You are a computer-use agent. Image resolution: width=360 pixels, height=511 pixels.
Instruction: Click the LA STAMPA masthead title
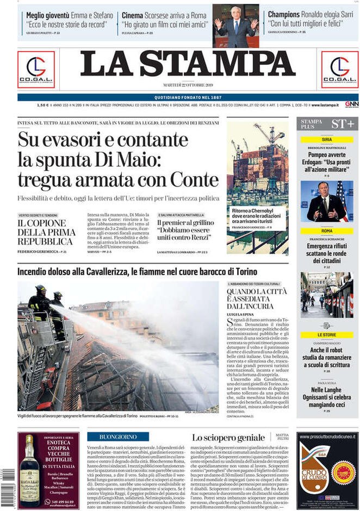click(x=188, y=65)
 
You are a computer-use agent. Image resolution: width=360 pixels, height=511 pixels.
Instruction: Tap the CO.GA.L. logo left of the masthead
click(x=36, y=70)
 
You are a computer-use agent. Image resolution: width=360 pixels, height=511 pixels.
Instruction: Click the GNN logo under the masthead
click(x=351, y=104)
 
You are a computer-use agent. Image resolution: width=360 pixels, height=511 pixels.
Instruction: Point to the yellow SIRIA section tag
click(x=327, y=140)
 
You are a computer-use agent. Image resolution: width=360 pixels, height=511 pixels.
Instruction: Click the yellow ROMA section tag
click(x=327, y=231)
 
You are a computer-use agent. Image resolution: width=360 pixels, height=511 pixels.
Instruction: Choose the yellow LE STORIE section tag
click(x=327, y=335)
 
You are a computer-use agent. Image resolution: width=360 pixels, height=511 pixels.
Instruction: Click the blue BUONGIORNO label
click(x=117, y=437)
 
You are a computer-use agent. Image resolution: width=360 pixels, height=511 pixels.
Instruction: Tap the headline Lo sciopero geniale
click(x=228, y=438)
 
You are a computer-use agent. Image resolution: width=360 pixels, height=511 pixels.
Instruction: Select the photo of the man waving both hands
click(x=236, y=26)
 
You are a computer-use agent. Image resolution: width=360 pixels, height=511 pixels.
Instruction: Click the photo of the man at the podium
click(x=326, y=201)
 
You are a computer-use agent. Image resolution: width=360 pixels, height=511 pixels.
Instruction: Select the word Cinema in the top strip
click(x=132, y=15)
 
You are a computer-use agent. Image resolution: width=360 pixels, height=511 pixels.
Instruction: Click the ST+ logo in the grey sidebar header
click(x=343, y=123)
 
